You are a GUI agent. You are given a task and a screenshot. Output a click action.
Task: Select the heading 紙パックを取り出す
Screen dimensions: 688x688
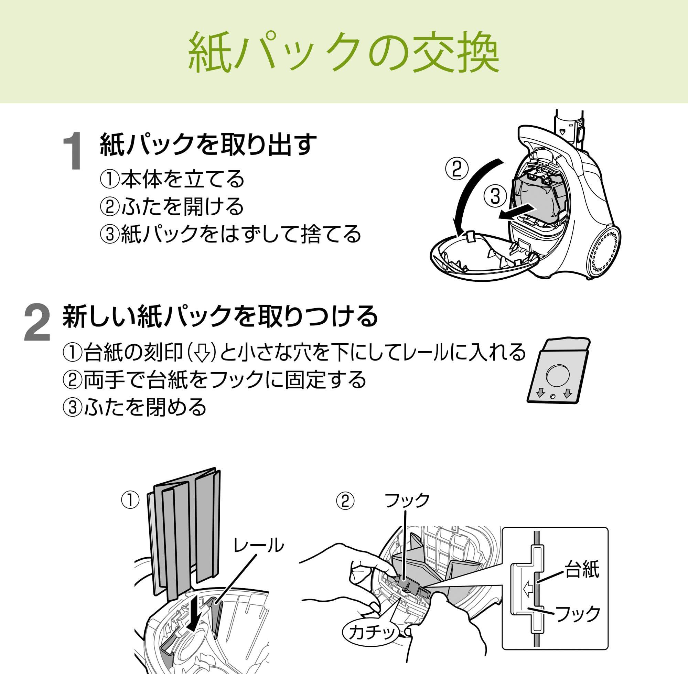pyautogui.click(x=208, y=144)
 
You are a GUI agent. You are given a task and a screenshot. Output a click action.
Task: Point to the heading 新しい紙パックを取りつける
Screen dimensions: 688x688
pyautogui.click(x=220, y=315)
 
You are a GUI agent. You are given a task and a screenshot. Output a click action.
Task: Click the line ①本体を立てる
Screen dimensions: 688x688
pyautogui.click(x=172, y=179)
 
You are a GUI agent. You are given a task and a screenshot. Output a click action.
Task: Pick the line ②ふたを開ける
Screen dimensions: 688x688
pyautogui.click(x=172, y=206)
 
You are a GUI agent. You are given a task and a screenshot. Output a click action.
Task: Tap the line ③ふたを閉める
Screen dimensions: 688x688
pyautogui.click(x=135, y=407)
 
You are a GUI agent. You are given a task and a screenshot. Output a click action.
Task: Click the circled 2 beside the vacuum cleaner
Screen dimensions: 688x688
pyautogui.click(x=457, y=170)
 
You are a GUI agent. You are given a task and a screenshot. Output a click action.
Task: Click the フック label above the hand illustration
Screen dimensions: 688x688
pyautogui.click(x=407, y=500)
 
